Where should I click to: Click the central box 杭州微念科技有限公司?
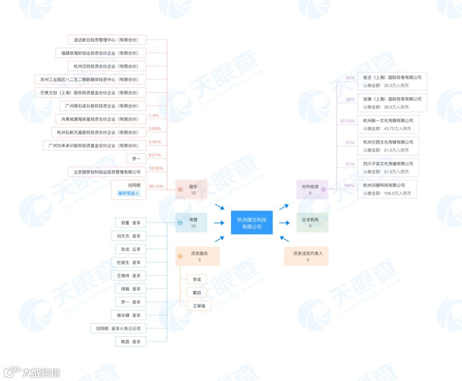[252, 223]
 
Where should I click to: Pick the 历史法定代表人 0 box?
[306, 256]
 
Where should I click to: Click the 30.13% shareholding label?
[156, 186]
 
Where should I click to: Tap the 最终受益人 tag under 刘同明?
[129, 193]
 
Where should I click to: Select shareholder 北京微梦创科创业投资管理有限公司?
[107, 172]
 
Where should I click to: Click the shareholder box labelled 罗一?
[136, 159]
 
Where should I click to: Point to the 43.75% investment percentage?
[347, 121]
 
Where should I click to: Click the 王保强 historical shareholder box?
[199, 306]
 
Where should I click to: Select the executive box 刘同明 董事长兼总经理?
[118, 328]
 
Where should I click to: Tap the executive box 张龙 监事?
[130, 249]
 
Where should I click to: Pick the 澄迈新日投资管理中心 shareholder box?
[107, 40]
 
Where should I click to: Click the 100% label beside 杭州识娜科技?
[349, 186]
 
